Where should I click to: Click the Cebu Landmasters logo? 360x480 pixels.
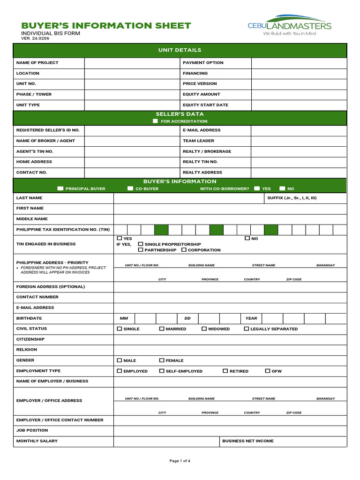click(289, 25)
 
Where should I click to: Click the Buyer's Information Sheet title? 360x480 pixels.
click(106, 25)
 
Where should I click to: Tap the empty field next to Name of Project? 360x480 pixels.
click(132, 63)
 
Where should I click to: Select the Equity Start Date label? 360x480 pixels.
click(205, 105)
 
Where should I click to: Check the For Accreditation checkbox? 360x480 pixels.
click(156, 121)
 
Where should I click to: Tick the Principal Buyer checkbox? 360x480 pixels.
click(60, 189)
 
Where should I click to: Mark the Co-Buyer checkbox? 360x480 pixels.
click(130, 189)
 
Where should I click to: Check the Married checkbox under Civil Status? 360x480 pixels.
click(162, 329)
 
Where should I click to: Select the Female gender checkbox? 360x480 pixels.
click(162, 360)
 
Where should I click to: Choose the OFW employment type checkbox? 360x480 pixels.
click(268, 371)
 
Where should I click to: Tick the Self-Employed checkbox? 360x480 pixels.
click(162, 371)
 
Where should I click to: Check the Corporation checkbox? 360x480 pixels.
click(184, 250)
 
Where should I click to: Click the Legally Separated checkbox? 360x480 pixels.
click(247, 329)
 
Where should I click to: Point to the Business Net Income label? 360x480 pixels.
click(247, 441)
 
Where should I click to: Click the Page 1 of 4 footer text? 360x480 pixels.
click(180, 461)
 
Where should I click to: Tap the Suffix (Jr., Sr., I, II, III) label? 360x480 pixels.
click(292, 198)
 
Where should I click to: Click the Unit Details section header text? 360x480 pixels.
click(180, 50)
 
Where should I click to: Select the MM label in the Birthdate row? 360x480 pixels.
click(124, 318)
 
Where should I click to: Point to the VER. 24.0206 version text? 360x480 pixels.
click(35, 38)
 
